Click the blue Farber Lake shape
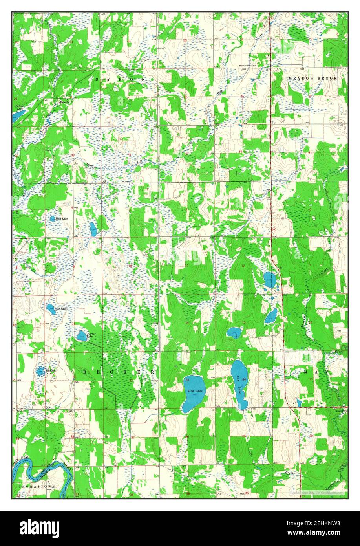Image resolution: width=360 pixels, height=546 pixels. (81, 335)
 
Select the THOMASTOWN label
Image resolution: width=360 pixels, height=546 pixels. (37, 486)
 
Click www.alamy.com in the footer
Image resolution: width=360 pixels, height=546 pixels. (324, 532)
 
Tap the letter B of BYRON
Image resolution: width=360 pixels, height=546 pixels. (97, 79)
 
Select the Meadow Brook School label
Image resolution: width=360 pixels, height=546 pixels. (251, 65)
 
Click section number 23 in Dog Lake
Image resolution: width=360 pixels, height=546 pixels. (187, 380)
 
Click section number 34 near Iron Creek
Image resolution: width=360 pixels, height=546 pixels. (129, 155)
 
